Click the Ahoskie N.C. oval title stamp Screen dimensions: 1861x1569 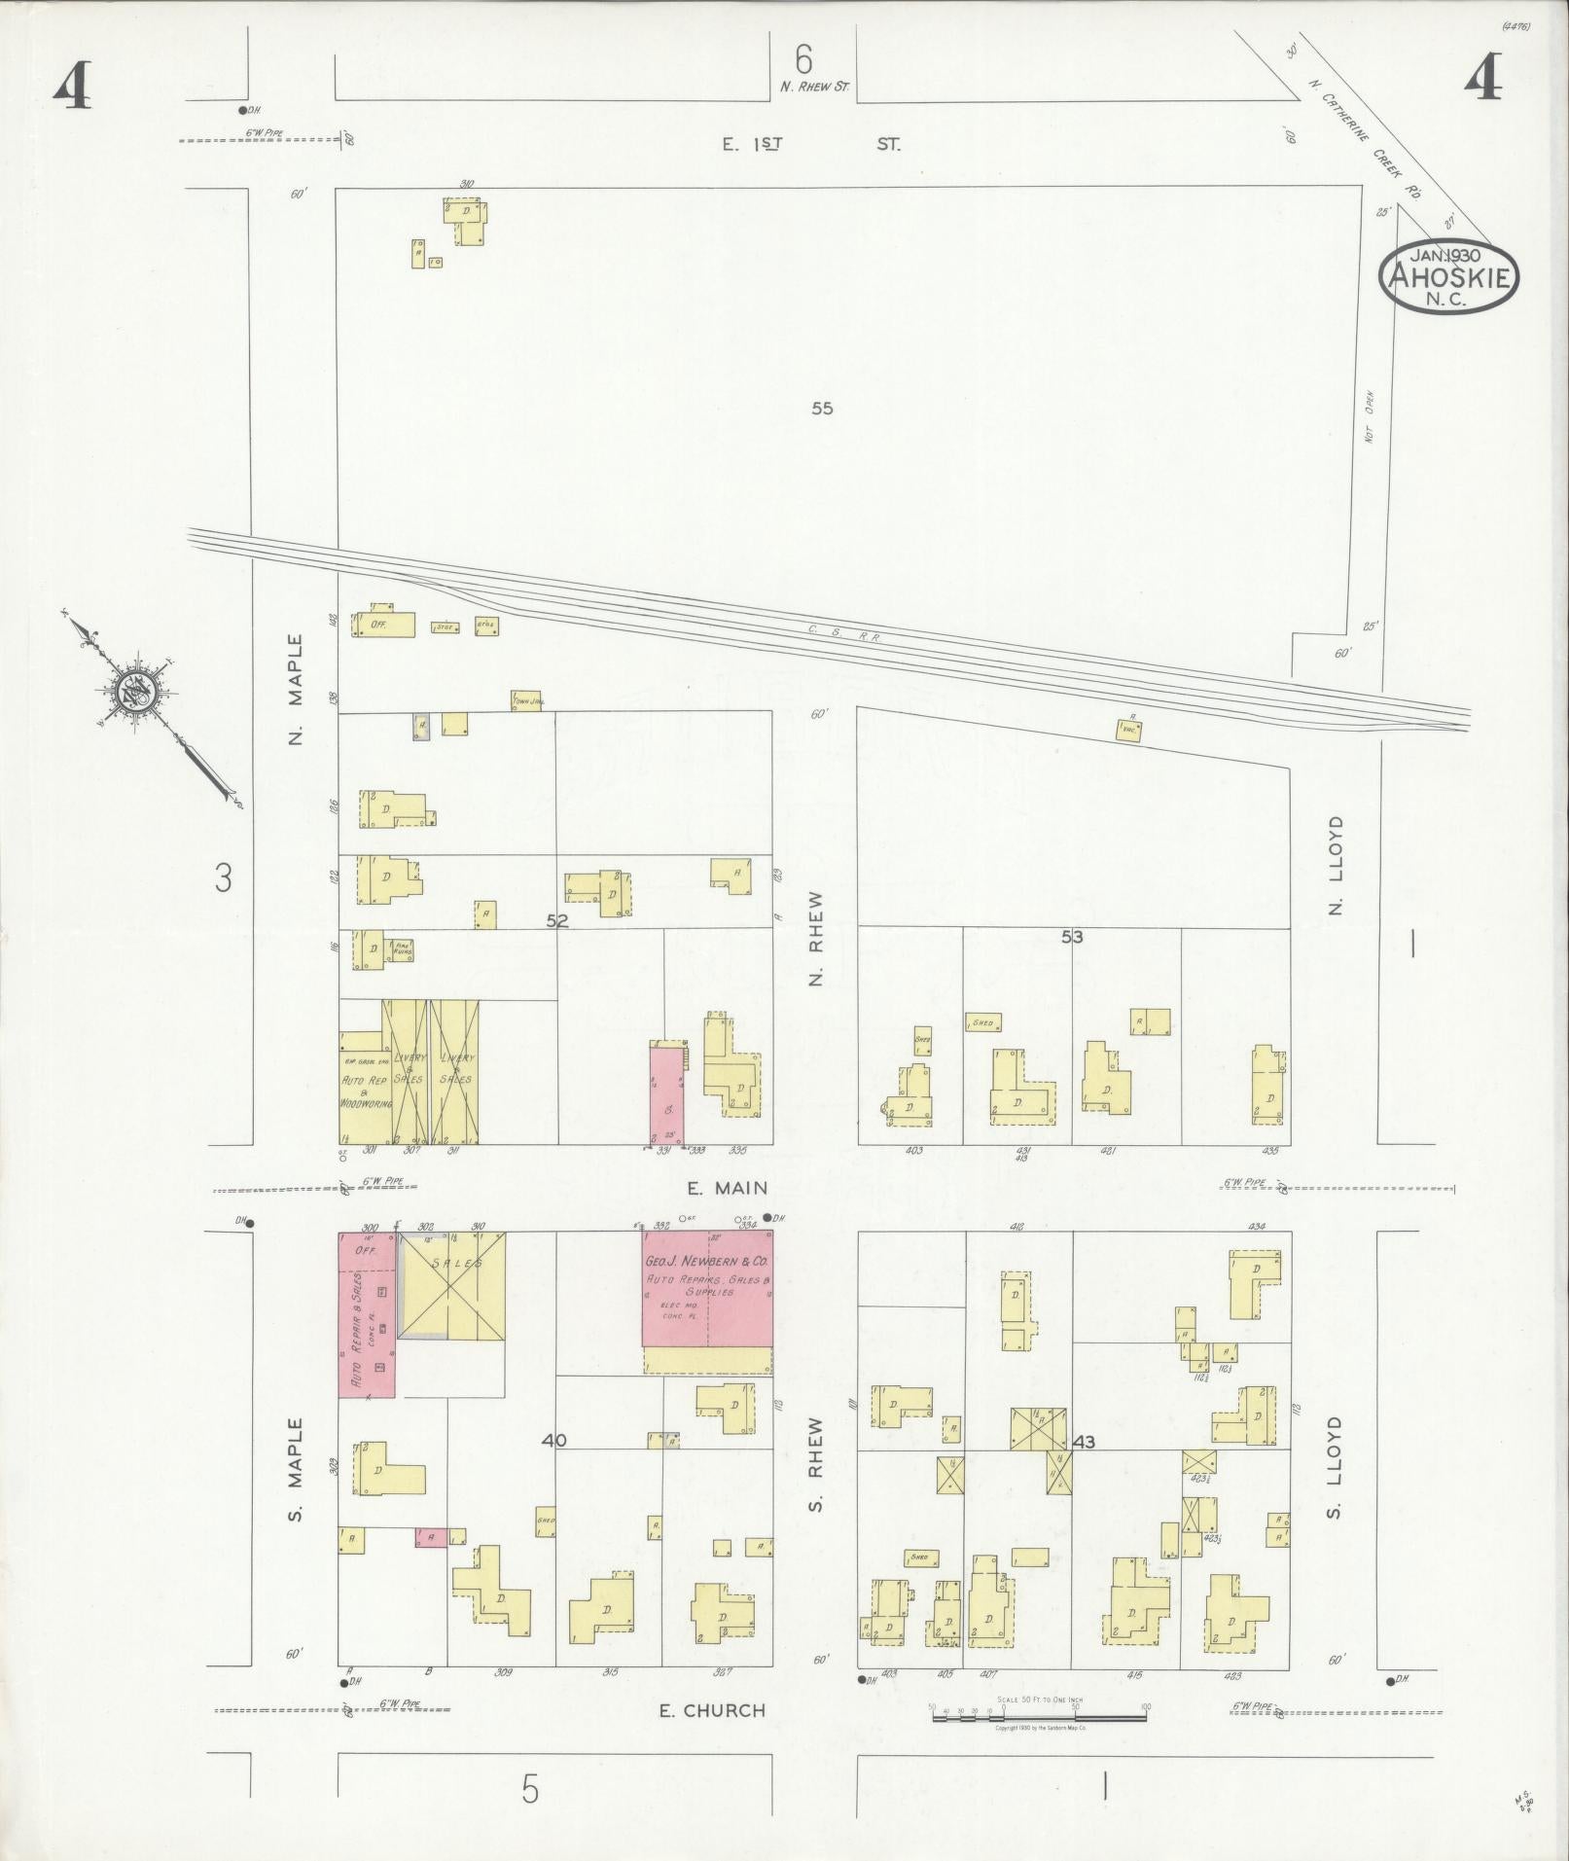(1447, 275)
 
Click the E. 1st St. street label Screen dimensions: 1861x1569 (811, 144)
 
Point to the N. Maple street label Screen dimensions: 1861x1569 (296, 690)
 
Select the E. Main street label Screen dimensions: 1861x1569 (727, 1188)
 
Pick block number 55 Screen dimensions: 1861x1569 (822, 409)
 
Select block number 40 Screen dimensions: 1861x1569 (554, 1441)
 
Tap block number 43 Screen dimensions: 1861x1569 (1083, 1442)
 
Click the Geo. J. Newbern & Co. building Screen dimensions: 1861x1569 (707, 1290)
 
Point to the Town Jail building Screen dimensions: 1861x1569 (526, 700)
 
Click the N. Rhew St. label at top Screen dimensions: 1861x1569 (814, 87)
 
